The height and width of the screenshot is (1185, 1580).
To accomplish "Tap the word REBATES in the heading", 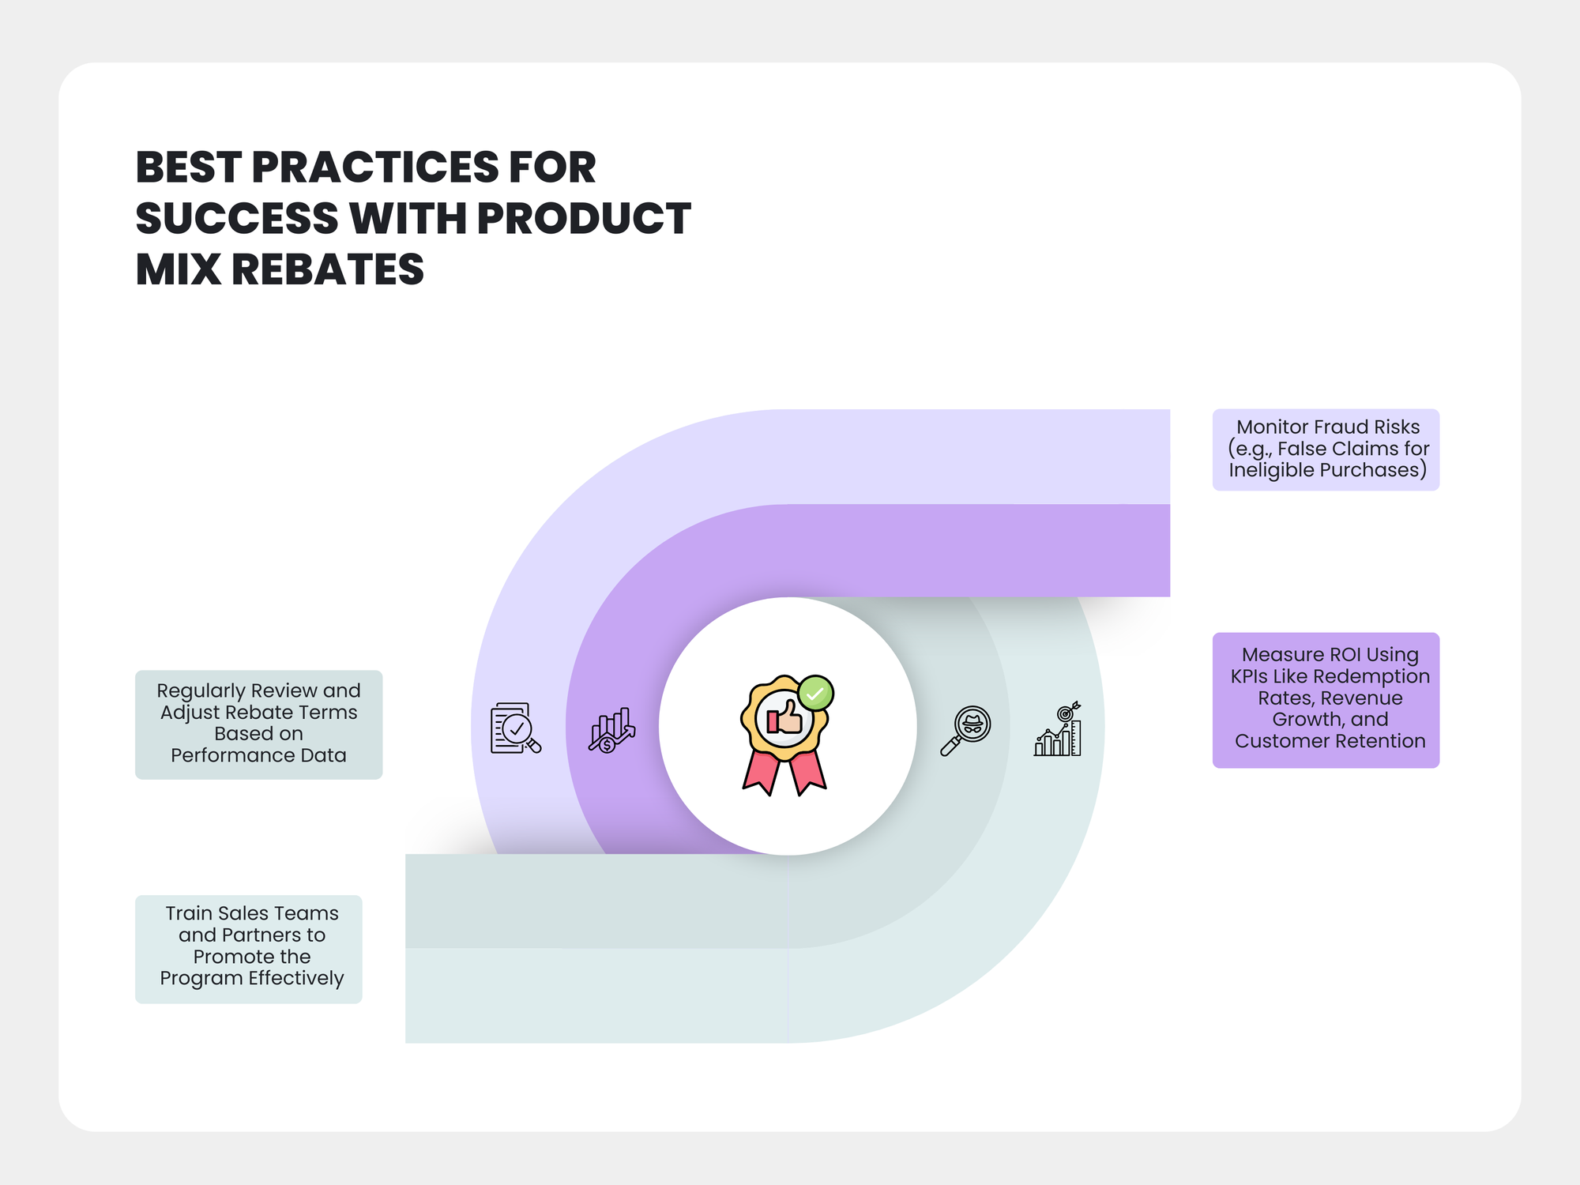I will [327, 269].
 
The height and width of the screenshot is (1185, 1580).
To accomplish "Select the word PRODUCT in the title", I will [584, 218].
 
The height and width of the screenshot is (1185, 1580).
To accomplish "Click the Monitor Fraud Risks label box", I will [1326, 450].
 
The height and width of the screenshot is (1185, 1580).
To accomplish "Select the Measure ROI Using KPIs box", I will [1326, 700].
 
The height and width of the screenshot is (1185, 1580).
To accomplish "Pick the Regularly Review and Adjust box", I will [258, 724].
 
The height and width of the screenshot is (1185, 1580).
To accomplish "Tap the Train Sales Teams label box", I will [249, 949].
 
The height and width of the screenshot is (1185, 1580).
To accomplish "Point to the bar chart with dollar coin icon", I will [611, 729].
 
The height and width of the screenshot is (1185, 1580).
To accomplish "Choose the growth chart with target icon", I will [1058, 729].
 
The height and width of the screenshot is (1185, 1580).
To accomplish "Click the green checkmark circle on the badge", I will [815, 694].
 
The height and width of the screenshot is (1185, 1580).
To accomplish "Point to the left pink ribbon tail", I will [761, 772].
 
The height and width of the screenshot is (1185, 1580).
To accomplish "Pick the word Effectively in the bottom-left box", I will [296, 979].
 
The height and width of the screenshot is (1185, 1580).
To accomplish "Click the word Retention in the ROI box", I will [1376, 741].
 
